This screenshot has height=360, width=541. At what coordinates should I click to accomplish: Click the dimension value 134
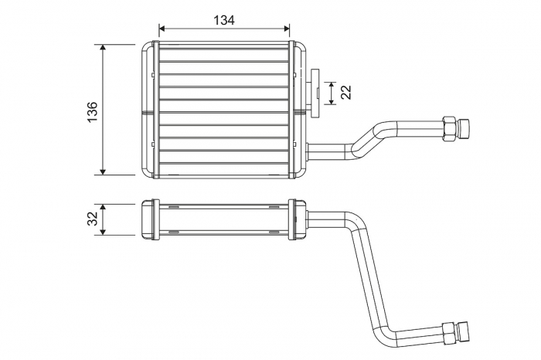click(x=223, y=20)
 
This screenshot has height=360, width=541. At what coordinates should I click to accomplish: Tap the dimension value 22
click(x=345, y=93)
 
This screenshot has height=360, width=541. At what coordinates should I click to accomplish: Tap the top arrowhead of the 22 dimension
click(x=332, y=83)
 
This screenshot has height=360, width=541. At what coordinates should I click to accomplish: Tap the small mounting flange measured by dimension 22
click(x=316, y=93)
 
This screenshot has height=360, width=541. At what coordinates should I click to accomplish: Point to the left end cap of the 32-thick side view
click(x=150, y=219)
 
